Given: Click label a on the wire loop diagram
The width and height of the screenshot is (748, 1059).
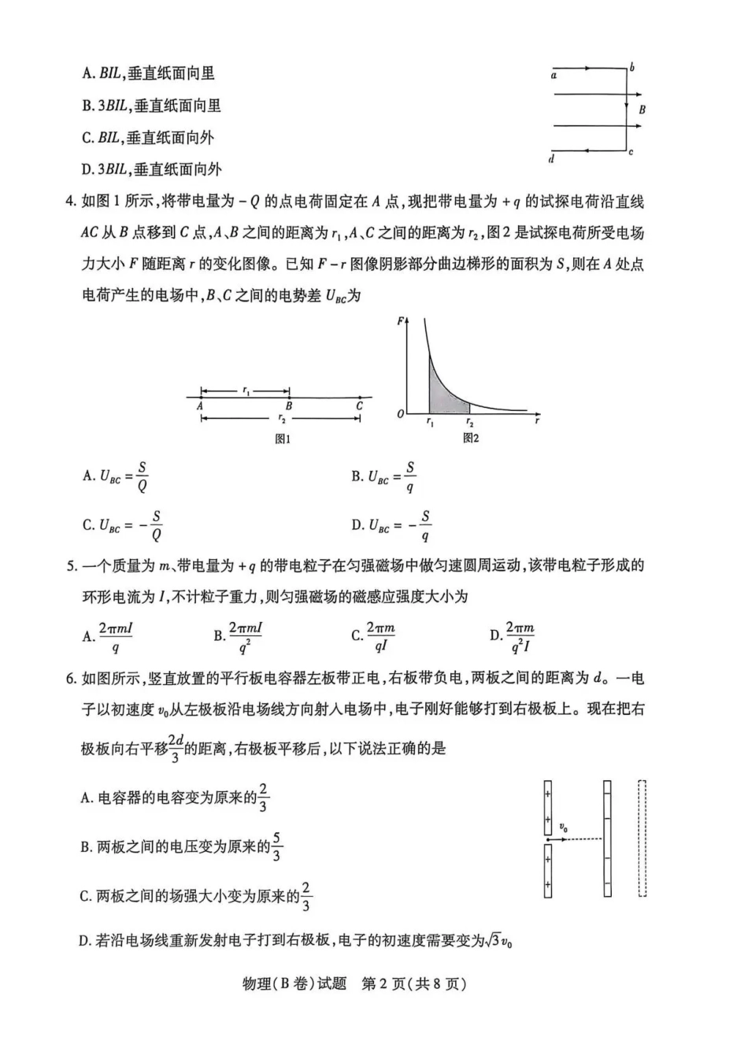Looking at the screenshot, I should (x=554, y=76).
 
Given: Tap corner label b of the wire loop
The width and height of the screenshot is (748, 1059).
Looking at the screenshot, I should (x=632, y=68).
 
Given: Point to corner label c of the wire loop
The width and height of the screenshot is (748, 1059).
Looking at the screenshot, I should (x=631, y=152).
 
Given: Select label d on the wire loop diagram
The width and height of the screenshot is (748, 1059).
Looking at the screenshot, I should (x=551, y=159).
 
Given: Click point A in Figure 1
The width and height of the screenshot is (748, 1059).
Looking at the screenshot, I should (x=201, y=406).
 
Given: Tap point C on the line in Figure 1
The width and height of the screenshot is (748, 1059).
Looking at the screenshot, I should (x=359, y=406).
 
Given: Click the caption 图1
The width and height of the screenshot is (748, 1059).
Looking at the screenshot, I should (x=283, y=439).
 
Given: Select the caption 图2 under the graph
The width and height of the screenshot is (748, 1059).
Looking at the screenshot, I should (x=471, y=438).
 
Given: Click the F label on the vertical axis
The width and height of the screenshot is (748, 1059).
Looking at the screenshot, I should (x=401, y=321).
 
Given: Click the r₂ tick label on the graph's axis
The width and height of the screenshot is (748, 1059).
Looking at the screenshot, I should (x=470, y=424).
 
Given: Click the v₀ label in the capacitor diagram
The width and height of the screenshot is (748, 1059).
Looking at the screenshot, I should (x=564, y=827).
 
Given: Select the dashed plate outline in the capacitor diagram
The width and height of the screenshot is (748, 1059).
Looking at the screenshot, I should (x=642, y=838).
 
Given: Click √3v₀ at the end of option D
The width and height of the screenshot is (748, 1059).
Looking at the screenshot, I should (x=498, y=940).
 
